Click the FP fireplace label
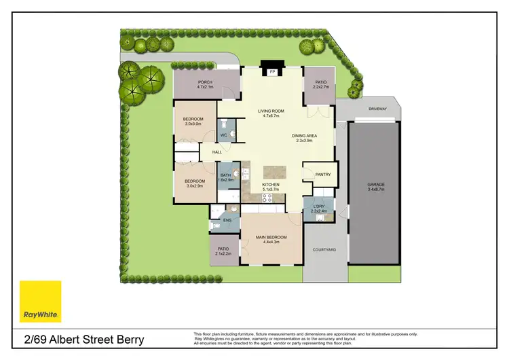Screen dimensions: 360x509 (x=273, y=71)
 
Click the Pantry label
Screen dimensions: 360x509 (x=323, y=175)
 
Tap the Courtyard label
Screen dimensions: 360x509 (x=324, y=250)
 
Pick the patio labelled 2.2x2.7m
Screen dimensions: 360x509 (x=320, y=84)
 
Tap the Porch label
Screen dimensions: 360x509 (x=205, y=84)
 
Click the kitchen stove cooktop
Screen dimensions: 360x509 (x=267, y=198)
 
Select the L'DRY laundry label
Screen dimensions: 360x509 (x=319, y=208)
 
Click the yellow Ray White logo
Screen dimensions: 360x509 (x=40, y=301)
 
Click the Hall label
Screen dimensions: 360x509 (x=217, y=152)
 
